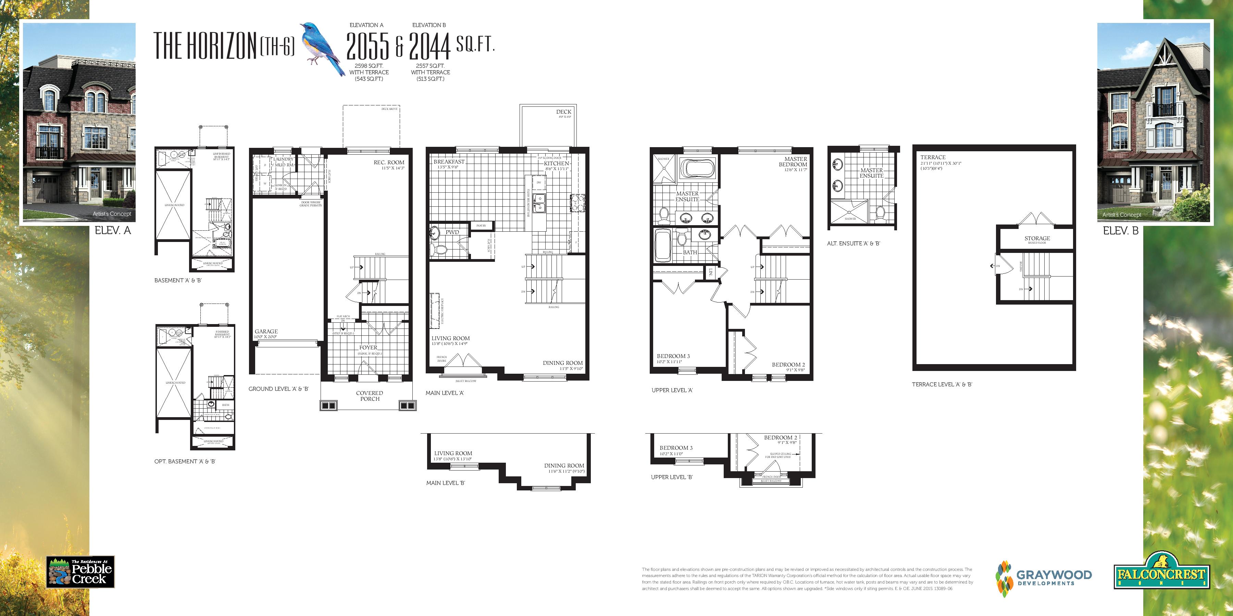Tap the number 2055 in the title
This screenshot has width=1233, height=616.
tap(368, 47)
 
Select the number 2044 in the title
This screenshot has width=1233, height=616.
tap(430, 47)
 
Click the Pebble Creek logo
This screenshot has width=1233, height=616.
tap(80, 572)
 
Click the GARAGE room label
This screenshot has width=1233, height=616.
tap(266, 331)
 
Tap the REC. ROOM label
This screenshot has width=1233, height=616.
tap(389, 163)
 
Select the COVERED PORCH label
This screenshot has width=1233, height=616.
tap(370, 396)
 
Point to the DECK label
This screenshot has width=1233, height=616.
tap(563, 112)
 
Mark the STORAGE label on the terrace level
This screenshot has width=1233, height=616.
tap(1037, 238)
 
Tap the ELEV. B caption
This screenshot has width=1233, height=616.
tap(1121, 231)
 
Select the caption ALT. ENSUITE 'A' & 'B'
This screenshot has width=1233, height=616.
tap(854, 243)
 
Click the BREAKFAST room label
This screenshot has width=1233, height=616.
tap(449, 162)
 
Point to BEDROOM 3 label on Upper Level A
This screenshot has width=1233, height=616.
tap(673, 356)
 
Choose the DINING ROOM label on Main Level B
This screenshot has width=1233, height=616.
tap(564, 465)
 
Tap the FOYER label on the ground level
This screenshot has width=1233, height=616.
tap(368, 348)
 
